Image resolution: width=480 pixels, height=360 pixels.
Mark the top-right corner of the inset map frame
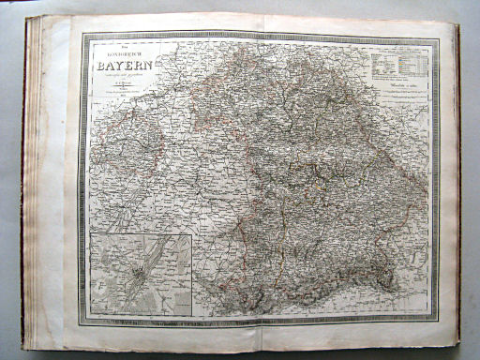tap(190, 234)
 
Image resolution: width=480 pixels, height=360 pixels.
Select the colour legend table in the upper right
tap(400, 66)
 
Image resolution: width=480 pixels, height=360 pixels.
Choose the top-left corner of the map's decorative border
tap(82, 35)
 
